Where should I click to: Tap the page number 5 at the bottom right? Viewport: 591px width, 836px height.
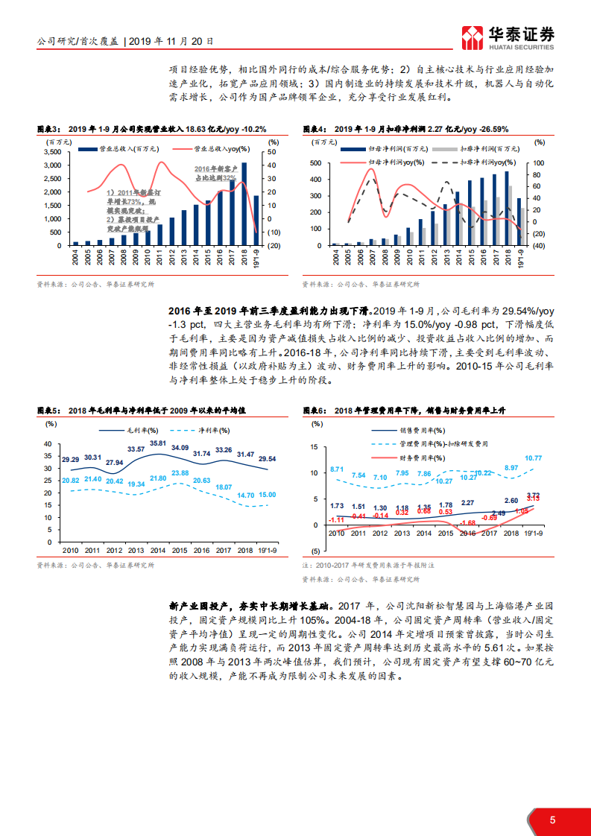pos(552,820)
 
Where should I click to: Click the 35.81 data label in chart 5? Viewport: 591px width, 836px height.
pos(158,443)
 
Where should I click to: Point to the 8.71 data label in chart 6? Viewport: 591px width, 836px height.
pos(337,469)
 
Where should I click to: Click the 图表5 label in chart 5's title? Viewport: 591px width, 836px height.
pos(49,411)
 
